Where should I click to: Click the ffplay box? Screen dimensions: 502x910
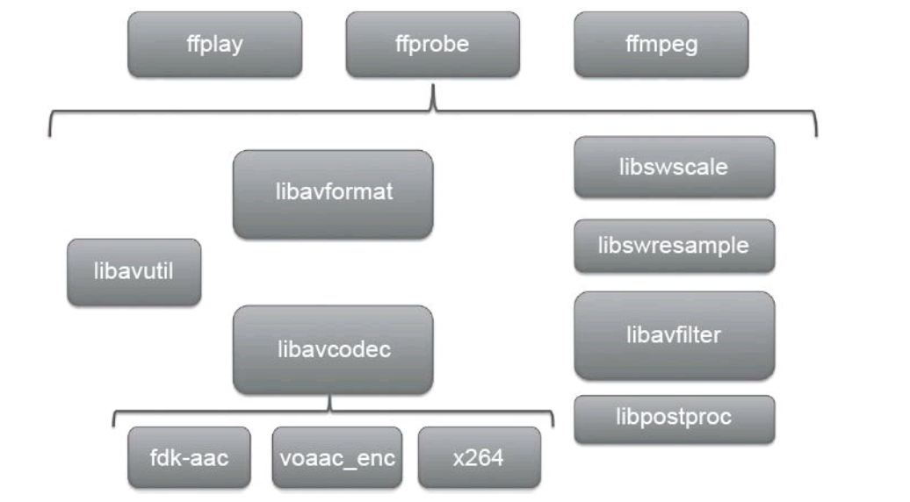pos(215,45)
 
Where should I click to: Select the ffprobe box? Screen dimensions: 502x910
pos(432,45)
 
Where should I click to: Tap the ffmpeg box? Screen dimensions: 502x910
pos(661,45)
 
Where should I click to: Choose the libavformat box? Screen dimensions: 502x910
pos(332,194)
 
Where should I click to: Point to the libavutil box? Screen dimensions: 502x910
pos(134,271)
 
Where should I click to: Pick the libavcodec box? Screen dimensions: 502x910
pos(332,349)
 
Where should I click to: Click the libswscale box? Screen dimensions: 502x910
pos(674,167)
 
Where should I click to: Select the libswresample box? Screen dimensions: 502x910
pos(674,246)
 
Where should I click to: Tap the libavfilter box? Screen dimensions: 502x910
pos(674,335)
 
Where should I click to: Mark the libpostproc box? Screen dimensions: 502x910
pos(674,419)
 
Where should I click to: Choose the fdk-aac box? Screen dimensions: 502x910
pos(189,457)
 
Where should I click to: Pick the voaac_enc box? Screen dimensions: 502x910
pos(336,457)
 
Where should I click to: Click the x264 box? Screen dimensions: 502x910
pos(479,457)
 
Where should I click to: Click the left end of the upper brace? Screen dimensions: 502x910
pos(50,134)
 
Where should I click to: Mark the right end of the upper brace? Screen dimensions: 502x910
pos(817,134)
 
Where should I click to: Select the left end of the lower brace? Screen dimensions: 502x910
pos(114,426)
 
